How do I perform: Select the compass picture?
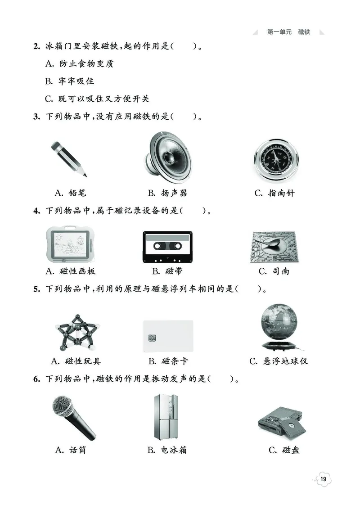(x=275, y=159)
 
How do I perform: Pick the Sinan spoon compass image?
(x=274, y=247)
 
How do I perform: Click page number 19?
(x=324, y=479)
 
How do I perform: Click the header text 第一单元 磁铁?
(x=288, y=32)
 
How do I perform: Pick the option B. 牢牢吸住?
(x=69, y=81)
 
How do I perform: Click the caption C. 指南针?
(x=274, y=193)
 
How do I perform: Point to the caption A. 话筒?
(x=70, y=450)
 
